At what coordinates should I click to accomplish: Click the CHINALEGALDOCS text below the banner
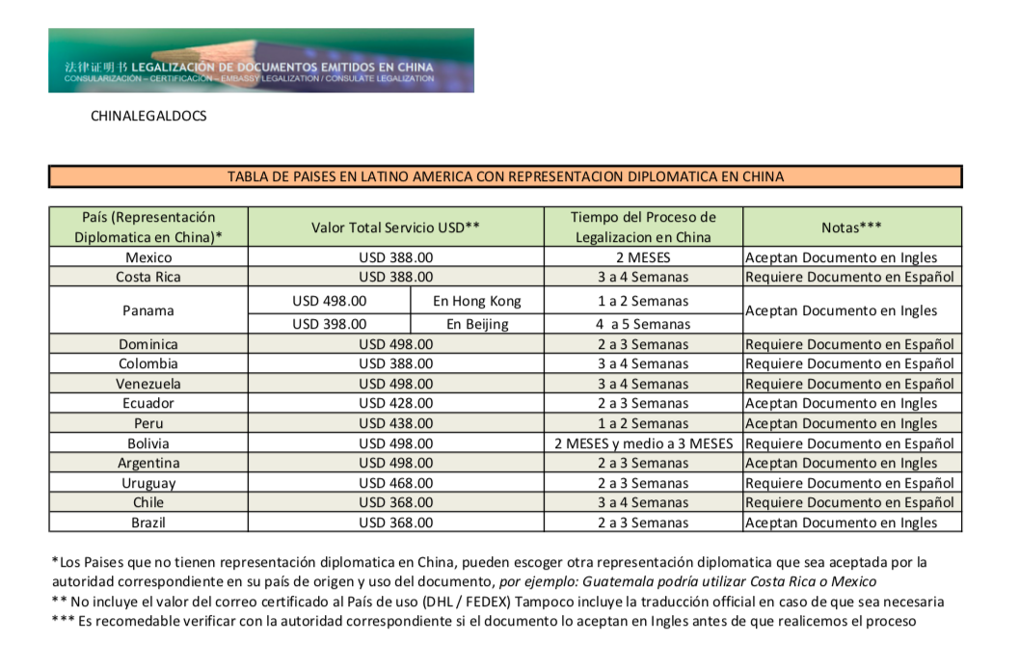148,117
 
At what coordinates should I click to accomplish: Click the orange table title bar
505,176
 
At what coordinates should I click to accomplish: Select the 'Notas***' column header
852,227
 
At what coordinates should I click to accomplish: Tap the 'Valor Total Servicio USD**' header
395,227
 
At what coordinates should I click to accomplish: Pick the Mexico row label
148,257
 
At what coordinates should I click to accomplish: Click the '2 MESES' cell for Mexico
642,257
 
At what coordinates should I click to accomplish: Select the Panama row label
148,310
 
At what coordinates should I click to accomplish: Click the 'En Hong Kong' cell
476,301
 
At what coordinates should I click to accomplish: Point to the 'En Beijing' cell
476,324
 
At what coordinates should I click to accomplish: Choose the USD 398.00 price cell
329,324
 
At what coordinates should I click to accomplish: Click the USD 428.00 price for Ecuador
395,403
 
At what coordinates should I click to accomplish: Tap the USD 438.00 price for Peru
395,423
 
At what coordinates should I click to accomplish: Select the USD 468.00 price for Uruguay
395,483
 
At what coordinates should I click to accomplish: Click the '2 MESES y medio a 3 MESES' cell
642,443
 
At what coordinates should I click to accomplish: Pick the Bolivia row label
148,443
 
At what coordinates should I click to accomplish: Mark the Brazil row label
148,523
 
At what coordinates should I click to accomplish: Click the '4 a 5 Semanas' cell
642,324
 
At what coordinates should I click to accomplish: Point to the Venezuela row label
148,384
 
